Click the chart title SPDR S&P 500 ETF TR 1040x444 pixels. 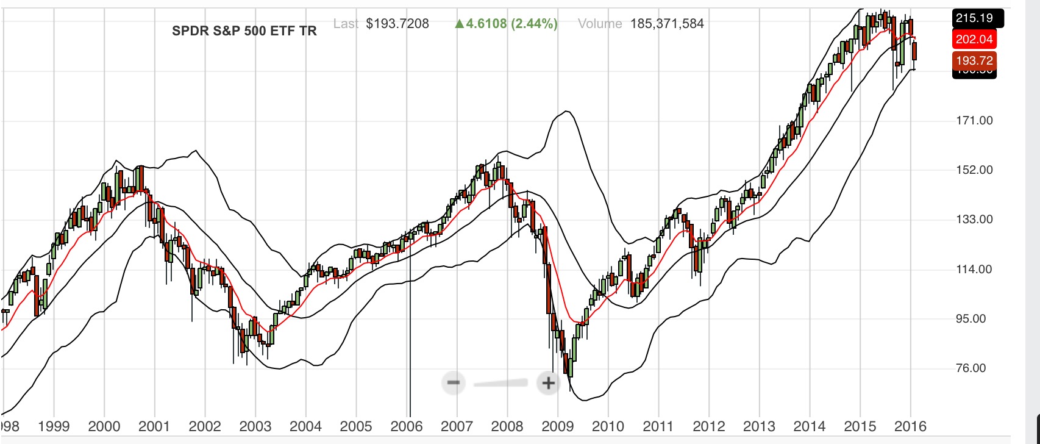pyautogui.click(x=244, y=31)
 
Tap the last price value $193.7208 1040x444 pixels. pyautogui.click(x=397, y=24)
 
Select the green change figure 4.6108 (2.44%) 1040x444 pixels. pyautogui.click(x=506, y=24)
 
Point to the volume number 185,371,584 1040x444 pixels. pyautogui.click(x=667, y=24)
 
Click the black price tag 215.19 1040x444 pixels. pyautogui.click(x=974, y=18)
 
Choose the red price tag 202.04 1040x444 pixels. pyautogui.click(x=974, y=40)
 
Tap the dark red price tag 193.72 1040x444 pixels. pyautogui.click(x=974, y=60)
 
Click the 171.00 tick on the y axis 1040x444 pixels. pyautogui.click(x=974, y=121)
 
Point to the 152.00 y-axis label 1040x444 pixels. pyautogui.click(x=974, y=170)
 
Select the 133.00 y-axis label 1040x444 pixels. pyautogui.click(x=974, y=220)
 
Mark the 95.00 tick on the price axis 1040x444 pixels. pyautogui.click(x=974, y=319)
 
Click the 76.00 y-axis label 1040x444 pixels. pyautogui.click(x=974, y=368)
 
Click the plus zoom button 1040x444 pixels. pyautogui.click(x=548, y=383)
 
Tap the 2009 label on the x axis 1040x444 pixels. pyautogui.click(x=557, y=426)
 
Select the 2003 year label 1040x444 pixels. pyautogui.click(x=255, y=426)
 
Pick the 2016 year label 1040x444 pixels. pyautogui.click(x=910, y=426)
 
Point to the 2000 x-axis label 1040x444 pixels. pyautogui.click(x=104, y=426)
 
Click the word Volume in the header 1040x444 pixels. pyautogui.click(x=600, y=24)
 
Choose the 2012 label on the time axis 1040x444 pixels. pyautogui.click(x=708, y=426)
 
